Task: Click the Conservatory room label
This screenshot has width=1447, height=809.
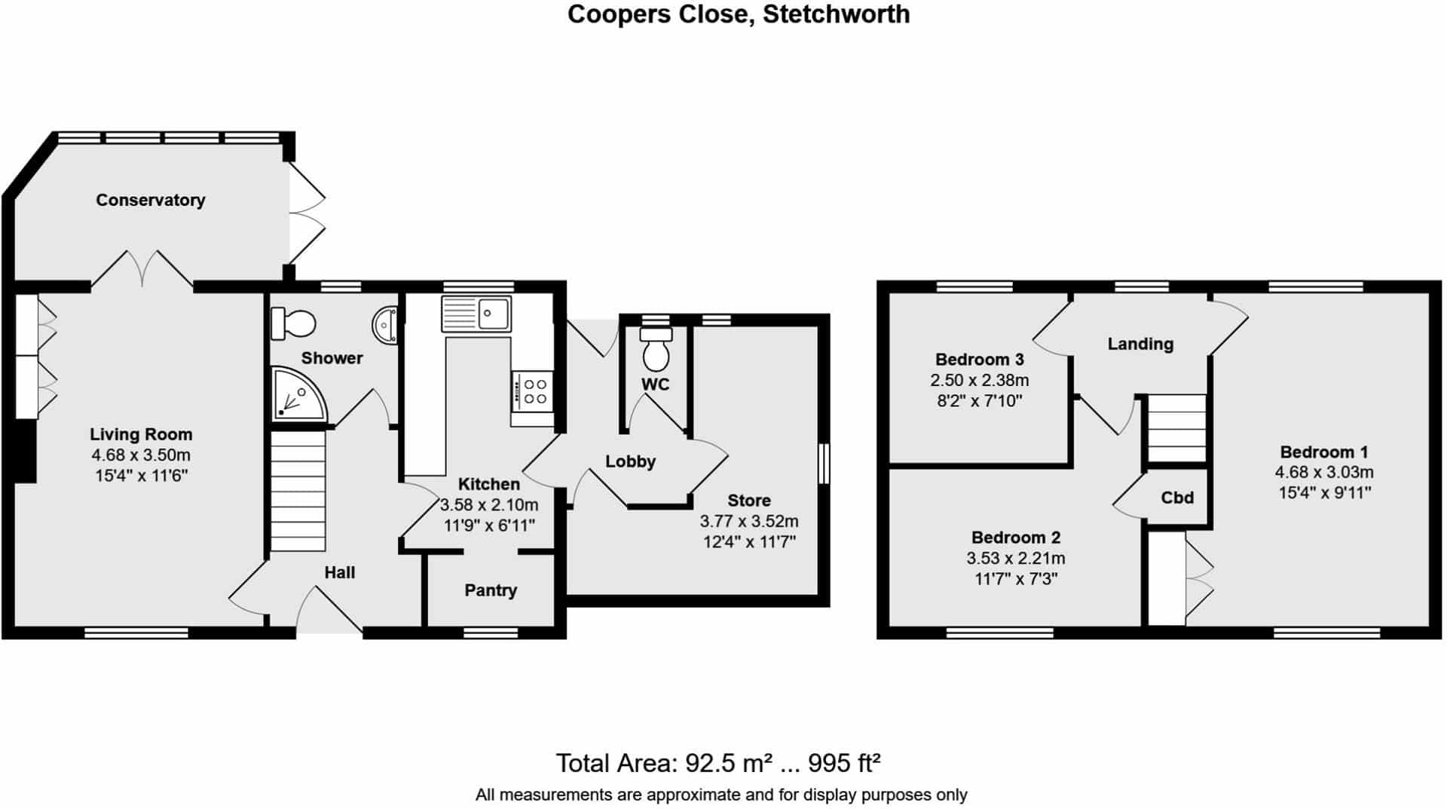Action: [150, 201]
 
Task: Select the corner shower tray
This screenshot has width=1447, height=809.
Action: [298, 394]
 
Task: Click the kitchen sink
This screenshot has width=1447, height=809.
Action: [476, 314]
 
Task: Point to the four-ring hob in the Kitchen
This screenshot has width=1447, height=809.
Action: [533, 392]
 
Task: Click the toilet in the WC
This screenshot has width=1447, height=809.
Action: [656, 348]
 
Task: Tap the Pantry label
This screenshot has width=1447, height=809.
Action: [491, 590]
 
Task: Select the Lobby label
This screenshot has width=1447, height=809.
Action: [631, 461]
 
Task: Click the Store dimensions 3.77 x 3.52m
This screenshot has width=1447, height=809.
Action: [749, 521]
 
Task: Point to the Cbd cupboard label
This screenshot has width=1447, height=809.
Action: [1177, 498]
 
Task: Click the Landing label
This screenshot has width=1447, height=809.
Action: [1140, 345]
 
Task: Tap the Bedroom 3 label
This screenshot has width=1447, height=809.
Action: [979, 360]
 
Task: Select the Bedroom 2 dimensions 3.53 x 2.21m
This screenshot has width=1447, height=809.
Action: [1016, 559]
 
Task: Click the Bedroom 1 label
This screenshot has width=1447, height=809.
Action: [1324, 452]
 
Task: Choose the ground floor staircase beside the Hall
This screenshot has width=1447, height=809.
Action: [298, 490]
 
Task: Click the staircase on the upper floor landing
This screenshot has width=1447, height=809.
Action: [1176, 428]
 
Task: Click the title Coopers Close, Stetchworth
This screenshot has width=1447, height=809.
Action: [739, 14]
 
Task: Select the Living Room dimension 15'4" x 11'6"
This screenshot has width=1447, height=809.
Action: [141, 476]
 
